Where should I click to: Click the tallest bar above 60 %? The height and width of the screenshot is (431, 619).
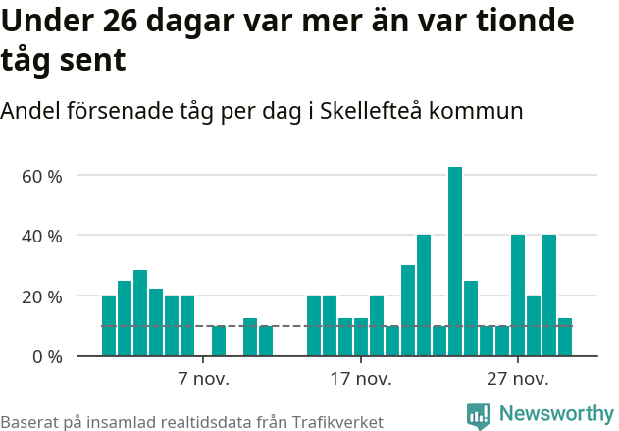455,261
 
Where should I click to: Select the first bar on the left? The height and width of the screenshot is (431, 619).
109,325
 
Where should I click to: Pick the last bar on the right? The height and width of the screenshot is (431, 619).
565,337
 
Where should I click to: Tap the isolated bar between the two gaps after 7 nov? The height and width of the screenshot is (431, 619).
219,340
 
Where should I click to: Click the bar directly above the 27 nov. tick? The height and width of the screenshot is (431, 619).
518,295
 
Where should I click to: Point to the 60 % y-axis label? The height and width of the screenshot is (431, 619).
43,176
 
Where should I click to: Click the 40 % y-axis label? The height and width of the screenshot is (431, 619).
43,236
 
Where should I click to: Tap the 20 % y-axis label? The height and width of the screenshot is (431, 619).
43,296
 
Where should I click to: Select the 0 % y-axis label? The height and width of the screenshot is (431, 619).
47,356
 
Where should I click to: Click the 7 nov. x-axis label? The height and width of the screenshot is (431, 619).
203,379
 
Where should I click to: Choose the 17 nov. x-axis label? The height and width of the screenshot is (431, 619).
360,379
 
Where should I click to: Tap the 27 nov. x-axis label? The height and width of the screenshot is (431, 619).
517,379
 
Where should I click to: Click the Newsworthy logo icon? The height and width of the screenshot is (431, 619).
479,415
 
